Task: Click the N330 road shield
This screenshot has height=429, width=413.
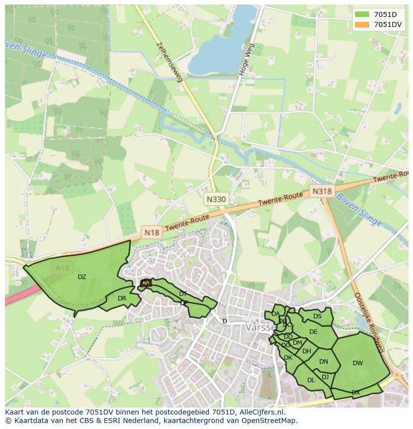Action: point(216,199)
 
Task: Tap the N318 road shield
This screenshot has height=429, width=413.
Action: point(322,191)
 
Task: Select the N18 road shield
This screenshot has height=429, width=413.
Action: point(151,232)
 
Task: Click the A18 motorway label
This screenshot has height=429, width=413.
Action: point(63,268)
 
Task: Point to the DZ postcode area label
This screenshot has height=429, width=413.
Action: point(82,277)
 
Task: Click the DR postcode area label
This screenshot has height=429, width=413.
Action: point(122,298)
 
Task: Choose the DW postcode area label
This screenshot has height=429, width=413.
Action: point(358,363)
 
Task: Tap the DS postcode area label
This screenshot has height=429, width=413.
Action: point(317,316)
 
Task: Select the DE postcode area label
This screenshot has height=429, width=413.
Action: point(313,332)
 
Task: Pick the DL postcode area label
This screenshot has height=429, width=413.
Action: point(311,380)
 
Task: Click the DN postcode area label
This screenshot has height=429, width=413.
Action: point(324,362)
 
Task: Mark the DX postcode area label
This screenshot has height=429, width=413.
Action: point(356,393)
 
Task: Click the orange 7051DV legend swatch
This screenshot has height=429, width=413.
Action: point(363,24)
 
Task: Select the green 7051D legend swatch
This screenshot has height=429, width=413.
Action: point(363,14)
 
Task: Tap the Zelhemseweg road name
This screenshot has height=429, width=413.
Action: point(169,61)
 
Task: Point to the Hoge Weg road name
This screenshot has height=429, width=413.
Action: point(246,60)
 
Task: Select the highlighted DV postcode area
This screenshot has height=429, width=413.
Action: point(145,283)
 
